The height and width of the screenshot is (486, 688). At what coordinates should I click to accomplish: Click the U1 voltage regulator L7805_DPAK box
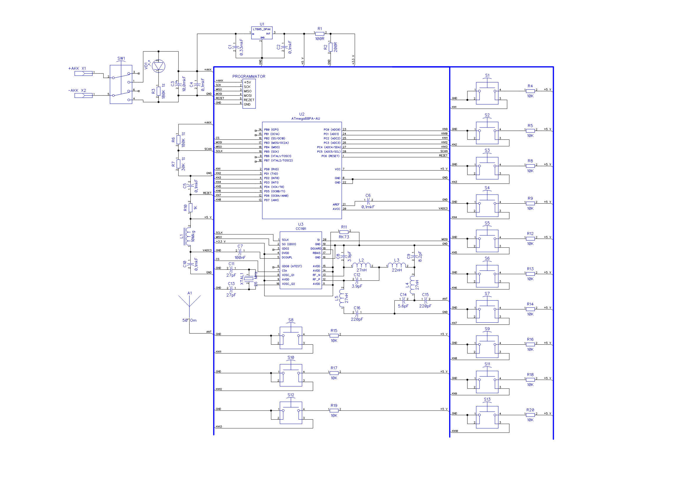[x=261, y=33]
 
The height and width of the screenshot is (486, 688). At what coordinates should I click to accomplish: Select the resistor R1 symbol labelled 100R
[x=320, y=34]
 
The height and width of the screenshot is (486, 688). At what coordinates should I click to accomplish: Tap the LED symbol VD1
[x=159, y=66]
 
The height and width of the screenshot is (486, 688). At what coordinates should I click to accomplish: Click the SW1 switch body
[x=121, y=84]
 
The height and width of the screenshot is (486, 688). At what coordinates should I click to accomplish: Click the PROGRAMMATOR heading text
[x=249, y=77]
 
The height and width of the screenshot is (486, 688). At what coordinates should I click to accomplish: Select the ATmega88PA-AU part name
[x=306, y=119]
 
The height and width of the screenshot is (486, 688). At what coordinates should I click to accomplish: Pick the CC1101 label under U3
[x=301, y=229]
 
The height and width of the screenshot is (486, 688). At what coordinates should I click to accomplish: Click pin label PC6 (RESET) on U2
[x=331, y=156]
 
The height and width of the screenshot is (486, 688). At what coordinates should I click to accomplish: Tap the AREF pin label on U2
[x=336, y=205]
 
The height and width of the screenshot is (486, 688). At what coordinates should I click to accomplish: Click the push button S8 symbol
[x=291, y=338]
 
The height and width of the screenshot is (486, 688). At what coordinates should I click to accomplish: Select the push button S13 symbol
[x=487, y=417]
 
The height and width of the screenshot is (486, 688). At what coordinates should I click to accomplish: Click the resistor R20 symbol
[x=530, y=415]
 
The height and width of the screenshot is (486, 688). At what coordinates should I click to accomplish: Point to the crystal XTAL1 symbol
[x=249, y=279]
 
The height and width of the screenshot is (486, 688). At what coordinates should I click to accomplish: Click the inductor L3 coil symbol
[x=397, y=265]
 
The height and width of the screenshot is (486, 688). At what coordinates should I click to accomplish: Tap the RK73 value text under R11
[x=344, y=237]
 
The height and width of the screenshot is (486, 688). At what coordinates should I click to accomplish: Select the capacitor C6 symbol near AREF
[x=369, y=201]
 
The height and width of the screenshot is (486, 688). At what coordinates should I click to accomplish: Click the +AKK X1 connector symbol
[x=83, y=73]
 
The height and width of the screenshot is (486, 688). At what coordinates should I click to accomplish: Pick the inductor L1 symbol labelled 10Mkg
[x=188, y=237]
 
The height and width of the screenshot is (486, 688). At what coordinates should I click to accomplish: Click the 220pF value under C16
[x=357, y=319]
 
